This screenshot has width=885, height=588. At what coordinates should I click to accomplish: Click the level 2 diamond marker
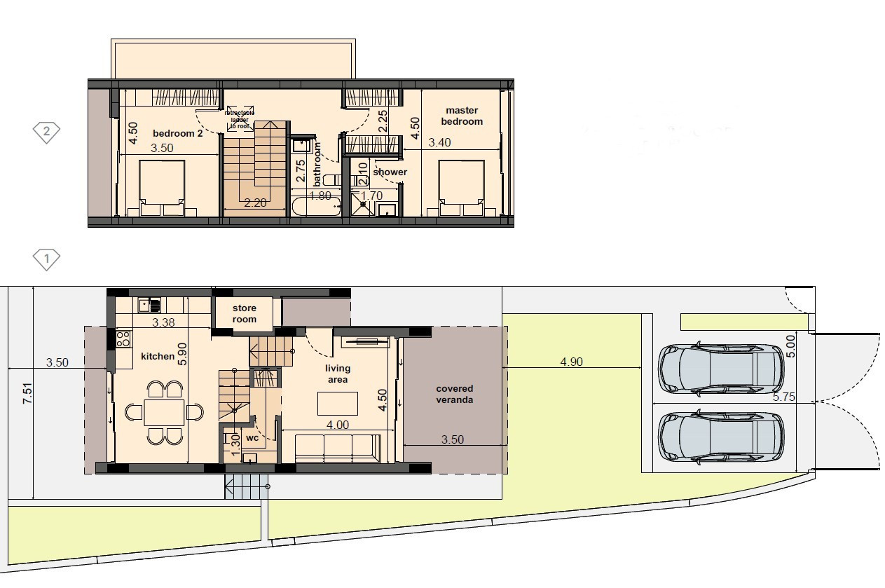pyautogui.click(x=47, y=131)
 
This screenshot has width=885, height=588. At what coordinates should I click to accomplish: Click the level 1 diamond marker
pyautogui.click(x=47, y=260)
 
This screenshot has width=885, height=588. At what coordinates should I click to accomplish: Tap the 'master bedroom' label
pyautogui.click(x=462, y=116)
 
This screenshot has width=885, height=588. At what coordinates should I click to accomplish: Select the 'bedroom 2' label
pyautogui.click(x=177, y=133)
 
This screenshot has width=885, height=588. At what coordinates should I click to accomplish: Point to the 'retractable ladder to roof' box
pyautogui.click(x=240, y=119)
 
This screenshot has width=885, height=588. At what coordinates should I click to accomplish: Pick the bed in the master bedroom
pyautogui.click(x=461, y=187)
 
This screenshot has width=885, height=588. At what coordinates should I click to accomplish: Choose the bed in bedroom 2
pyautogui.click(x=162, y=187)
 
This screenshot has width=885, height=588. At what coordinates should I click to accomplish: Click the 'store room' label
pyautogui.click(x=245, y=313)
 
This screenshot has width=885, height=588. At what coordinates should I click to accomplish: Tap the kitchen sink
pyautogui.click(x=150, y=305)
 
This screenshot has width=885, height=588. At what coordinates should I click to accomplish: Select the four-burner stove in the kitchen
pyautogui.click(x=123, y=339)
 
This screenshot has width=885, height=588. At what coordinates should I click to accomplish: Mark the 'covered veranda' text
pyautogui.click(x=455, y=394)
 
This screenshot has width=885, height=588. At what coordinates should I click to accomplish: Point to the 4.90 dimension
pyautogui.click(x=572, y=362)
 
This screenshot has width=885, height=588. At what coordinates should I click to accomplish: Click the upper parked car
pyautogui.click(x=721, y=368)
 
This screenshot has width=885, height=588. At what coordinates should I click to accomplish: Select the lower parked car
pyautogui.click(x=721, y=437)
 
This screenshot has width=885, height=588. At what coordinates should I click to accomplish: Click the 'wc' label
pyautogui.click(x=252, y=438)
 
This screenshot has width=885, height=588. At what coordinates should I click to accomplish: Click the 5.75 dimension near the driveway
pyautogui.click(x=783, y=396)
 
